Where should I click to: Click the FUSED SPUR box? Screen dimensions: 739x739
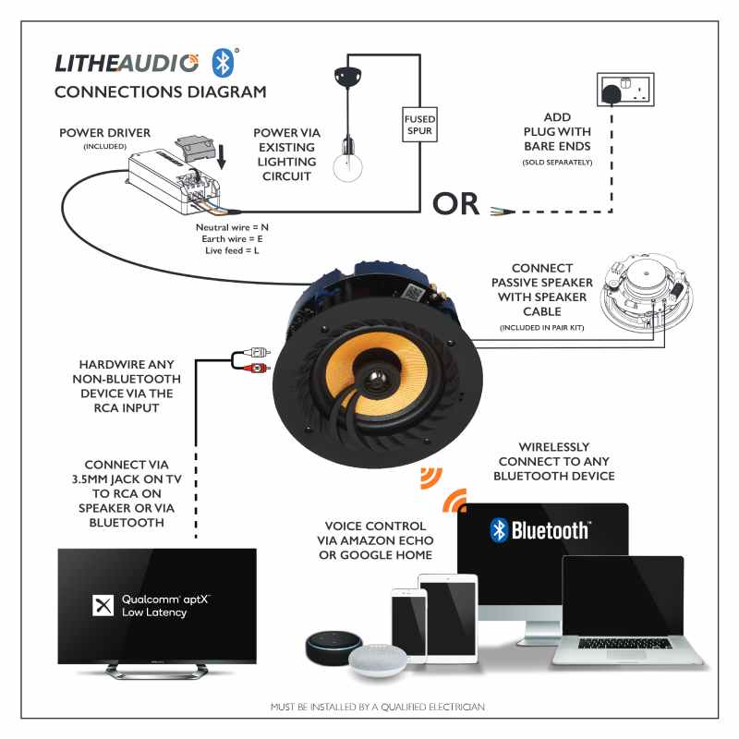point(418,125)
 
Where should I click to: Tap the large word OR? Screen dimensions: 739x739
point(456,204)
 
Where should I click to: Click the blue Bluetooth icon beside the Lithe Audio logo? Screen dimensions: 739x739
point(223,62)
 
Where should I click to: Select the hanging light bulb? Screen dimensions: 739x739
point(346,167)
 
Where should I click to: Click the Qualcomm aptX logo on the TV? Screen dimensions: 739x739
point(153,605)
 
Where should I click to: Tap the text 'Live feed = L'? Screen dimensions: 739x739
point(232,251)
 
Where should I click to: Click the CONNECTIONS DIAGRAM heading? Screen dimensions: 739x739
point(160,92)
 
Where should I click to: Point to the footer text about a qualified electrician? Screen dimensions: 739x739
point(377,707)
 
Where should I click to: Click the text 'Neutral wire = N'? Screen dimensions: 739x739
point(232,227)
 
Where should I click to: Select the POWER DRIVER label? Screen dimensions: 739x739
point(104,132)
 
